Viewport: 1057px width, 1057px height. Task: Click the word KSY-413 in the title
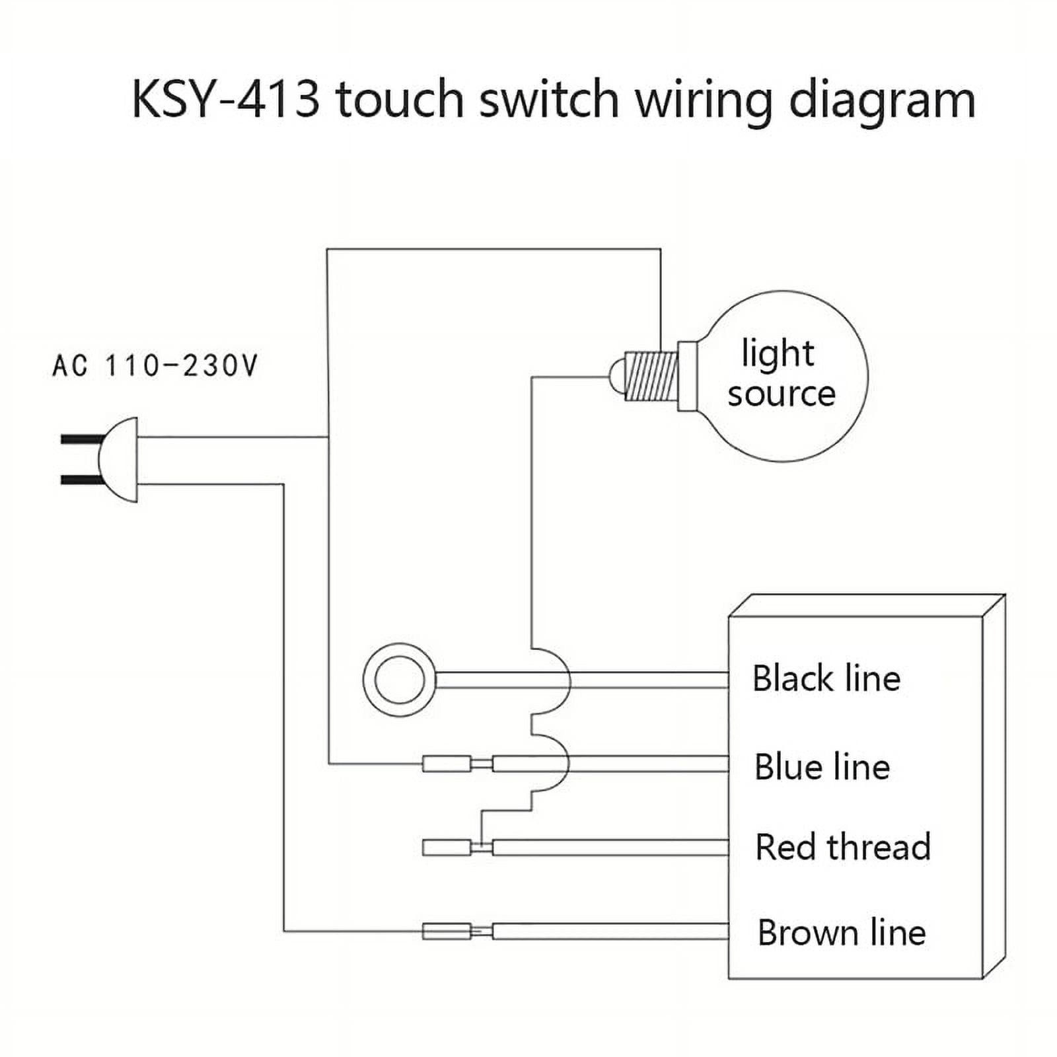[x=225, y=99]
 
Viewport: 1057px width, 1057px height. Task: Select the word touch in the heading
[x=400, y=99]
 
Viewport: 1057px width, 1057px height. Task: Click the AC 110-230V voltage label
[x=155, y=365]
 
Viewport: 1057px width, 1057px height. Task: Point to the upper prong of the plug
[x=81, y=439]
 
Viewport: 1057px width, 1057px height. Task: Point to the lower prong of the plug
[x=81, y=480]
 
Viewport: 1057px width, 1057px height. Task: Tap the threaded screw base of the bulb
[x=651, y=377]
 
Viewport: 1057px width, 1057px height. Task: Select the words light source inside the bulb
[x=781, y=373]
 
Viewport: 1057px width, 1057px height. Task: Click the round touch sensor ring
[x=399, y=679]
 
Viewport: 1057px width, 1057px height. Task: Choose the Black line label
[x=826, y=678]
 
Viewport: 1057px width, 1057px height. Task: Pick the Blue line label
[x=822, y=766]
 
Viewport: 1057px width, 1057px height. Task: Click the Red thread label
[x=842, y=847]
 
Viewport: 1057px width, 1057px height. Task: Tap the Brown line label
[x=841, y=932]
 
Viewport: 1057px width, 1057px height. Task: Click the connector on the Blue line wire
[x=447, y=764]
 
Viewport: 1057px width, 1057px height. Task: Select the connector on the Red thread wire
[x=447, y=847]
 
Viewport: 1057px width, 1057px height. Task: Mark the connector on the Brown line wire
[x=447, y=931]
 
